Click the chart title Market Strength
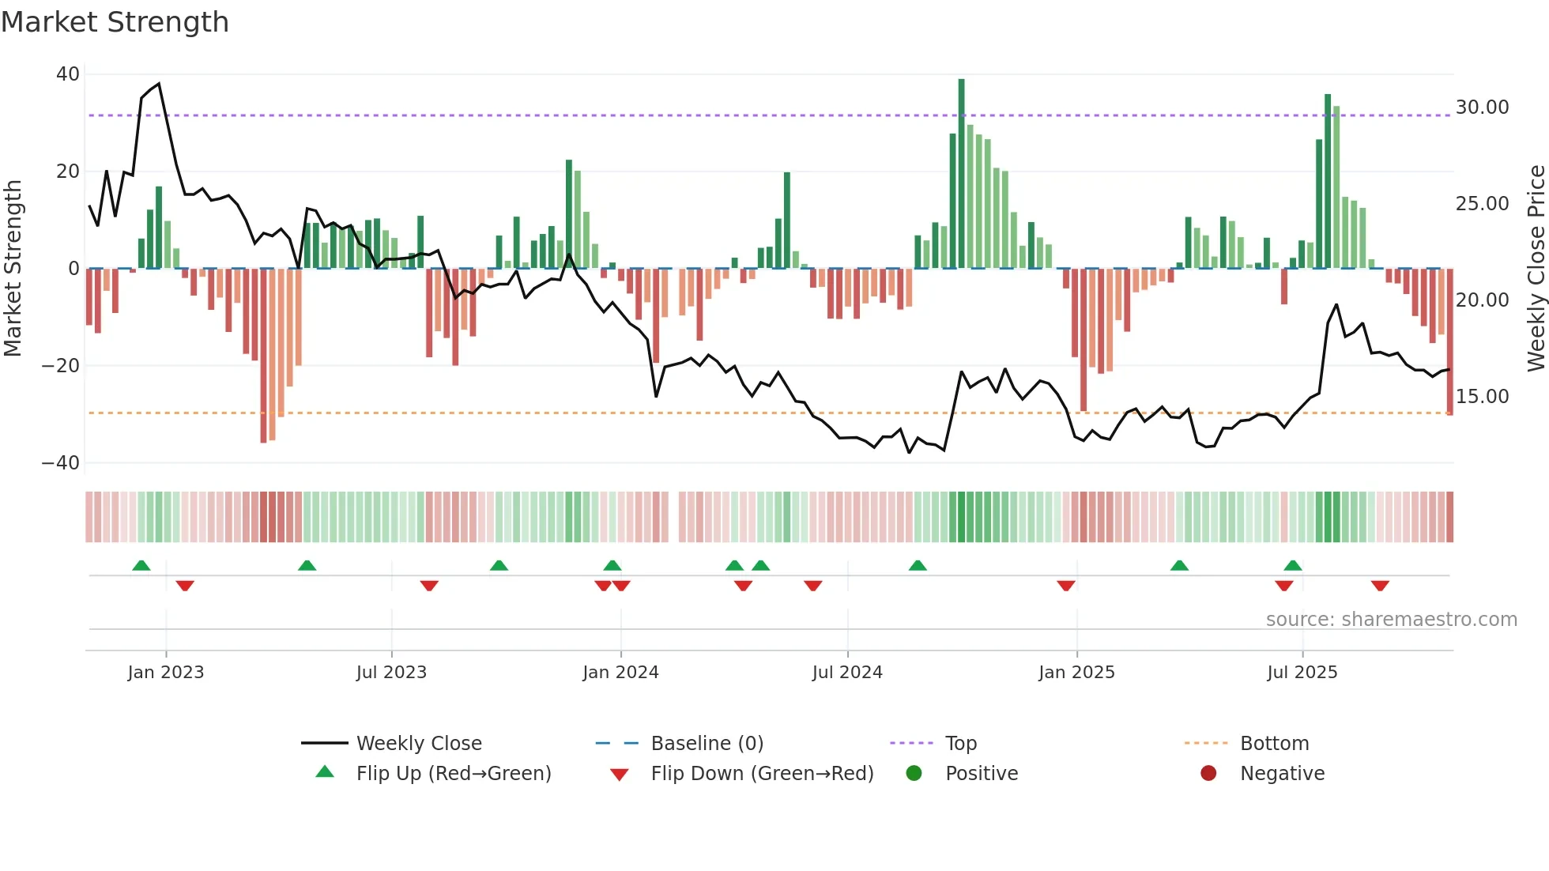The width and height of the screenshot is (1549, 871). pos(115,22)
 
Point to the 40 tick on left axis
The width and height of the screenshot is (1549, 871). pos(68,74)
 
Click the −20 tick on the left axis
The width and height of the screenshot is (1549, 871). pos(61,366)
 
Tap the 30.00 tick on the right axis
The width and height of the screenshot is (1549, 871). pos(1482,107)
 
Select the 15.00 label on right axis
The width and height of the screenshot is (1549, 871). pos(1482,397)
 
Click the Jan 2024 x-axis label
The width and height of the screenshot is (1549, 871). pos(620,673)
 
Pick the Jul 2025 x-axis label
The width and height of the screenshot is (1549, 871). pos(1302,673)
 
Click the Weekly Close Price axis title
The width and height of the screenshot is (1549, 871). pos(1536,269)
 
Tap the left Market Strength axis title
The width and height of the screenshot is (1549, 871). pos(13,269)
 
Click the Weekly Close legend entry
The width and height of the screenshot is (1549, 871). pos(418,744)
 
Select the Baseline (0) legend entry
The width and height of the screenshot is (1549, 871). pos(707,744)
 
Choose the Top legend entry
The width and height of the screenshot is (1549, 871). pos(960,744)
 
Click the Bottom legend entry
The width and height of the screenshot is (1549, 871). pos(1274,744)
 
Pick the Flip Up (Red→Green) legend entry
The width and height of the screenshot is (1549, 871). pos(453,774)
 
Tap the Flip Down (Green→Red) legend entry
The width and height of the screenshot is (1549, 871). pos(761,774)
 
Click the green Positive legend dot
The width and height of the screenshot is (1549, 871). pos(914,774)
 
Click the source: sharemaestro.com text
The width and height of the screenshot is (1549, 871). pos(1391,620)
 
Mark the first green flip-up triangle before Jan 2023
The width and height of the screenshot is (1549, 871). pos(141,566)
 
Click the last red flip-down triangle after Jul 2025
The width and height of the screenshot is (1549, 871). pos(1380,586)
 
